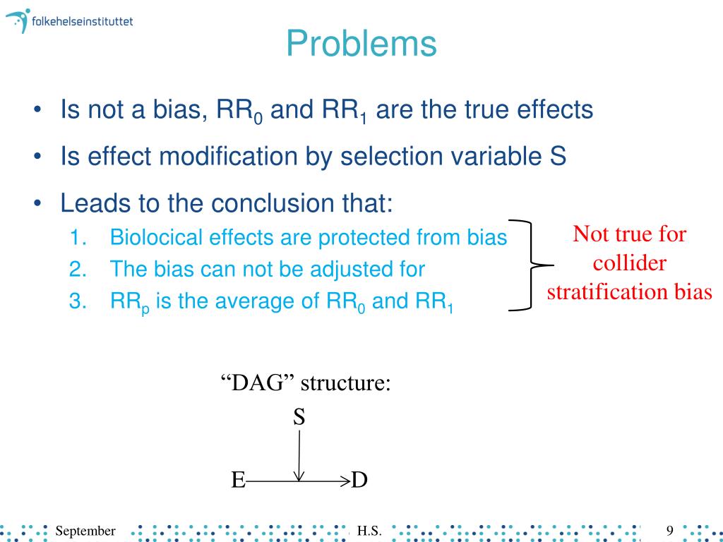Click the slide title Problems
click(361, 44)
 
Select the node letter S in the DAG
click(299, 417)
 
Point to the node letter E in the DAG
click(238, 481)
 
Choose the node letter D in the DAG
click(359, 481)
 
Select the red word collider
click(630, 263)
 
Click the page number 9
click(670, 530)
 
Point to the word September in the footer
click(85, 530)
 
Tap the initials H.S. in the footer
click(370, 530)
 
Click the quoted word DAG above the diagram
click(257, 384)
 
